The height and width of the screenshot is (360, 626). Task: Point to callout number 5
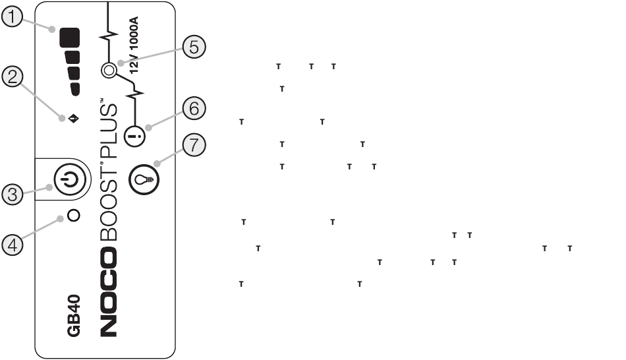pos(192,48)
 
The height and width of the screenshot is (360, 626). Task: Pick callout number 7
pos(192,146)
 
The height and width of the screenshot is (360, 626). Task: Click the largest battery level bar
pos(70,38)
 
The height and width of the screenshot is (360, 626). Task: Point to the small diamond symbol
pos(72,119)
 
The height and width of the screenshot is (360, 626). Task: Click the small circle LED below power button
pos(74,216)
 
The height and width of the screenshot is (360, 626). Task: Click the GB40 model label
pos(74,317)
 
